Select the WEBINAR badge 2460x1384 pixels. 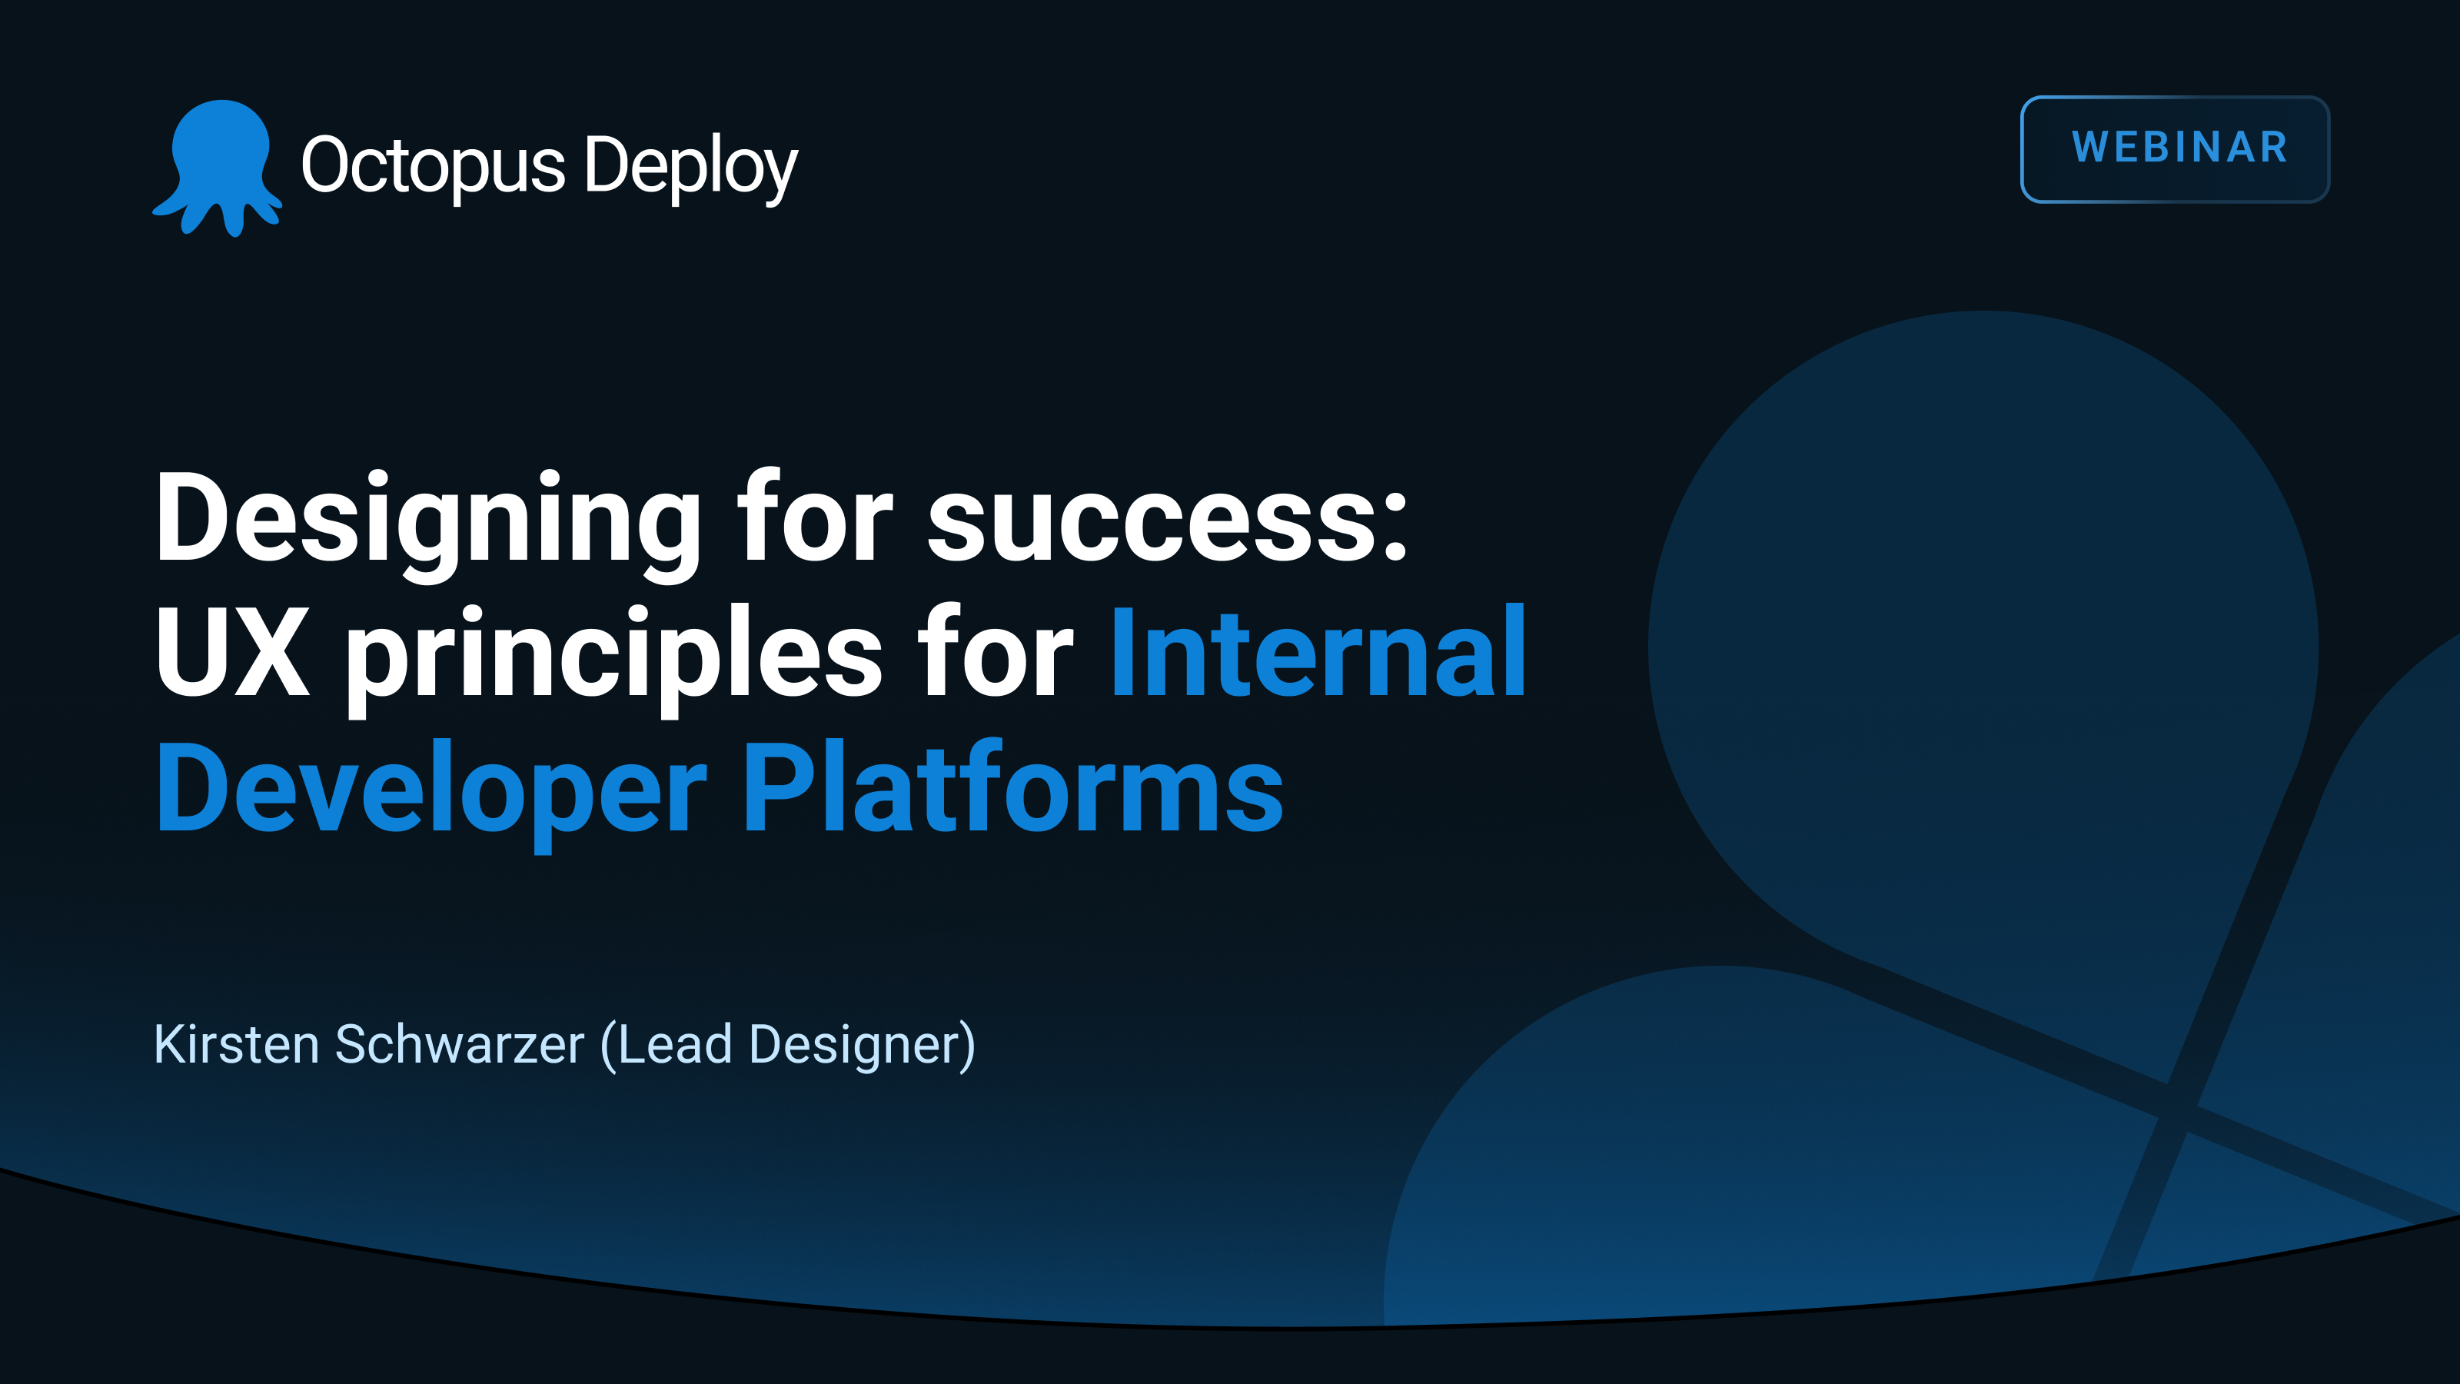pyautogui.click(x=2175, y=149)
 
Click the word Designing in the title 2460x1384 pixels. pyautogui.click(x=429, y=521)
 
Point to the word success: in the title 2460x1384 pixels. pyautogui.click(x=1167, y=521)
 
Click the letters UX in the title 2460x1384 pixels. pyautogui.click(x=233, y=654)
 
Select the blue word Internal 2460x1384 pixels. pyautogui.click(x=1318, y=654)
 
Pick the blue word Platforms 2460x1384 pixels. pyautogui.click(x=1012, y=789)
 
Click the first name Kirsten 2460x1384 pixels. pyautogui.click(x=236, y=1044)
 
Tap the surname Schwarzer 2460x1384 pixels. pyautogui.click(x=458, y=1044)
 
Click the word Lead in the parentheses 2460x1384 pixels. pyautogui.click(x=673, y=1044)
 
